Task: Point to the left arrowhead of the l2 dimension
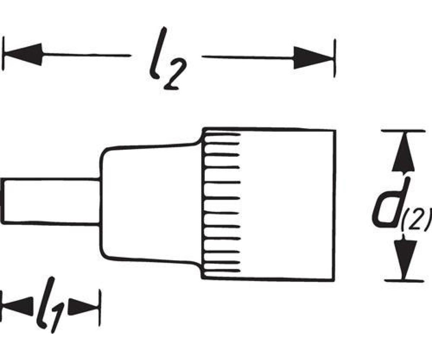pos(23,55)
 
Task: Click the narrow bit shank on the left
pos(50,202)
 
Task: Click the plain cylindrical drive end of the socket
pos(288,203)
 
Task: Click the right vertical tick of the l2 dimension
pos(334,58)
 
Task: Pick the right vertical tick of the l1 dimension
pos(100,308)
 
